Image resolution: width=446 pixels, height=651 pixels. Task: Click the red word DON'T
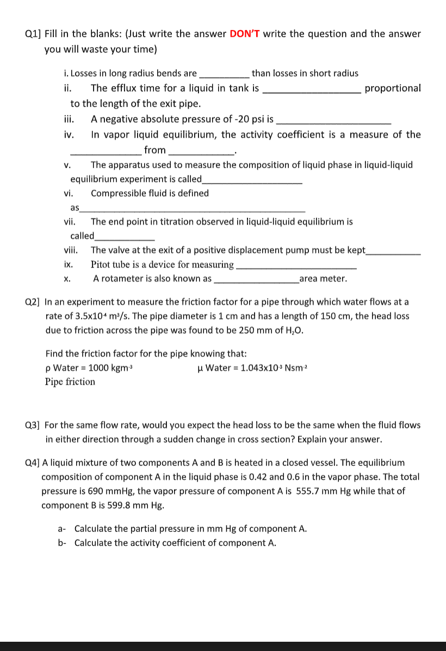245,34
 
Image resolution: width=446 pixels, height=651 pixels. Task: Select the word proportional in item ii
393,88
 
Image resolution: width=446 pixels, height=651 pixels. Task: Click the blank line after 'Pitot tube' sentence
297,266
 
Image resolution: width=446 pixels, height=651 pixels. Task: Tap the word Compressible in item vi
119,193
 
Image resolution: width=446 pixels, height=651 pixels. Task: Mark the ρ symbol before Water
48,368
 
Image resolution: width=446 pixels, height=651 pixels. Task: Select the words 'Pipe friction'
70,382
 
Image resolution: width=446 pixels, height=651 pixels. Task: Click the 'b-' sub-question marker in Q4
62,543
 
